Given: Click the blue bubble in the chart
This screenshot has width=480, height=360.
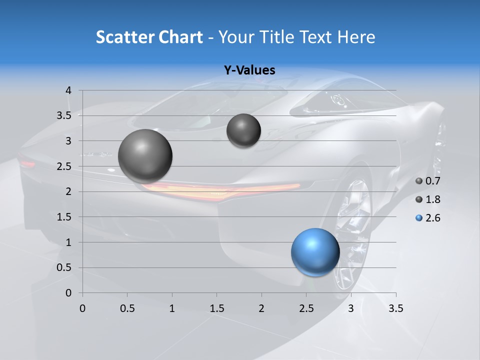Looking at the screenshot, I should point(315,252).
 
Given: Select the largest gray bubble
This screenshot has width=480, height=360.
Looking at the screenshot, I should point(145,156).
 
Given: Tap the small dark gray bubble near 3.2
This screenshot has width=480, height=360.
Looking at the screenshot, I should point(243,130).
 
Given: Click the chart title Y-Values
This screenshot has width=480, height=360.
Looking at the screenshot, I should point(249,70).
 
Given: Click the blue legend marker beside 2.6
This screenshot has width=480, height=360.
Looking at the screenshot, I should point(419,218).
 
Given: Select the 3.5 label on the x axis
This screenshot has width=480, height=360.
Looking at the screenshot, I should point(395,308).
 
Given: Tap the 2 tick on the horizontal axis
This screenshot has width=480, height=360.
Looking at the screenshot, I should point(261,308).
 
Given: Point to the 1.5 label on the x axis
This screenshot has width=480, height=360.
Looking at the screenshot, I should point(216,308).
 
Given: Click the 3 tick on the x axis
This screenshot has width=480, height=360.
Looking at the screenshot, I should point(351,308).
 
